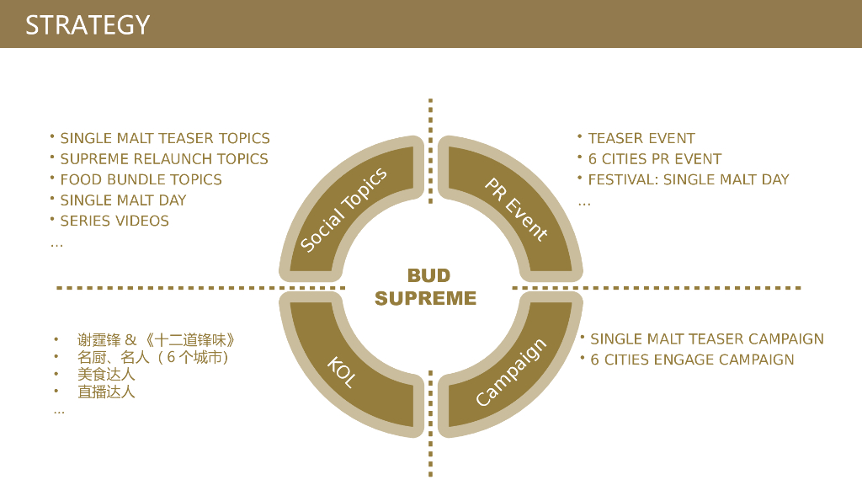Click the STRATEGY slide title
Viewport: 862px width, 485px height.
click(88, 24)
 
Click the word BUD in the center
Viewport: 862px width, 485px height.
click(428, 275)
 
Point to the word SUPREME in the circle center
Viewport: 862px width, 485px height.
click(425, 298)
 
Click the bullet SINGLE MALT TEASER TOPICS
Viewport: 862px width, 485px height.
click(165, 138)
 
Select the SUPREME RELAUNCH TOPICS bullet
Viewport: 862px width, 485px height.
click(164, 159)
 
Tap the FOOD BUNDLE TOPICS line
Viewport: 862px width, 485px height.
click(141, 179)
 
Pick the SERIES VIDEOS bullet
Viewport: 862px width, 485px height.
click(114, 221)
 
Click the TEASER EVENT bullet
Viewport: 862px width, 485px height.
click(641, 138)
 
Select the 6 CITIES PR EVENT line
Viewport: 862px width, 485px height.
click(655, 159)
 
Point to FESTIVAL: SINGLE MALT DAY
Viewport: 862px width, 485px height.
click(689, 179)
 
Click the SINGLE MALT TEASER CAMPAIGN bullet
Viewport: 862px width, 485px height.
click(707, 338)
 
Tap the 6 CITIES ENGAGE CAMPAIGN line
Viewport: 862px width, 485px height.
click(692, 360)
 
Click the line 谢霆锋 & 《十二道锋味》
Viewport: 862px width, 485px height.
click(156, 340)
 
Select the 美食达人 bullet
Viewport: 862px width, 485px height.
click(106, 375)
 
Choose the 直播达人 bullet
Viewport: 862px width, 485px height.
click(106, 392)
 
